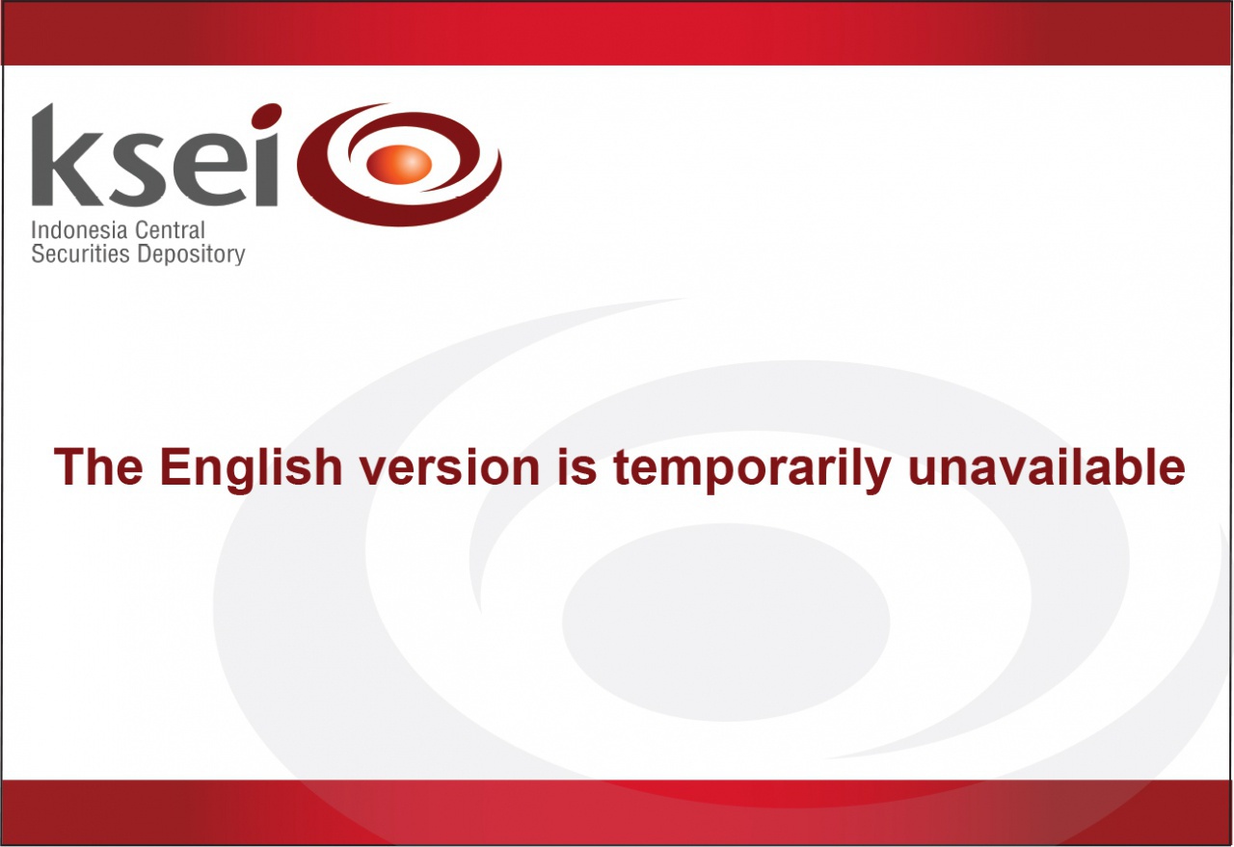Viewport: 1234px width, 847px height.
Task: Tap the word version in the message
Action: click(x=449, y=468)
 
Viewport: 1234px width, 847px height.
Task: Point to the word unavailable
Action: click(x=1046, y=467)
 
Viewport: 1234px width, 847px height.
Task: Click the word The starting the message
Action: click(x=98, y=467)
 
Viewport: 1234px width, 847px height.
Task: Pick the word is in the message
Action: click(x=577, y=467)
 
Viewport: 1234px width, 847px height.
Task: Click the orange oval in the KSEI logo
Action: click(x=399, y=164)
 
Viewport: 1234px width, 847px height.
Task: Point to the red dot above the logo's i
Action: click(x=266, y=116)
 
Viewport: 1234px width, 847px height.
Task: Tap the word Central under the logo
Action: click(x=170, y=230)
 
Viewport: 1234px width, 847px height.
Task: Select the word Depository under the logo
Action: click(x=191, y=255)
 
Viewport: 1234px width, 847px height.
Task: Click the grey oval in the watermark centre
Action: click(x=726, y=622)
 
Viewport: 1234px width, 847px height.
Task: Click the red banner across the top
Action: click(x=617, y=33)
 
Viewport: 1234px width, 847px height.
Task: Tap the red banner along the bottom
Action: click(x=617, y=812)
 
